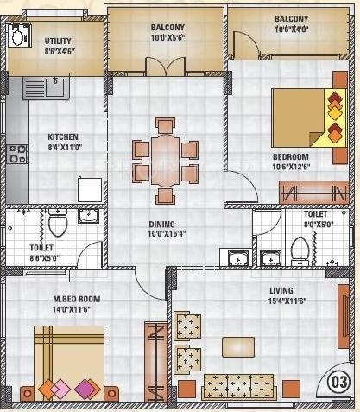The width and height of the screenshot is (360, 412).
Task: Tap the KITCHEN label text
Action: tap(63, 136)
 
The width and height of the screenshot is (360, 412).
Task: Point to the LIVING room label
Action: tap(280, 290)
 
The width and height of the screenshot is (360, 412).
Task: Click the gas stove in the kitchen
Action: tap(18, 155)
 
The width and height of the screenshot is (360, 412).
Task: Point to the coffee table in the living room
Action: tap(238, 345)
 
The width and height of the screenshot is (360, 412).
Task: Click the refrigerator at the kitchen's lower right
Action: tap(91, 189)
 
